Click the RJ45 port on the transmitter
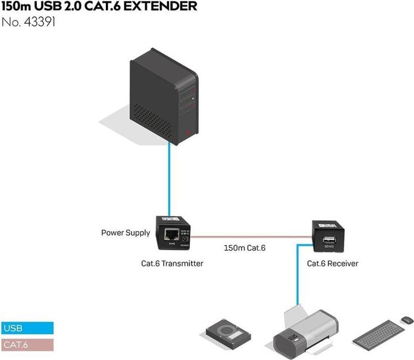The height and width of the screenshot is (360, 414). (171, 234)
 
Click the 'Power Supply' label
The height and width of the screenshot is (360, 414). (125, 233)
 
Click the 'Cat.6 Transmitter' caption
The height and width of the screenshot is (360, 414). (172, 263)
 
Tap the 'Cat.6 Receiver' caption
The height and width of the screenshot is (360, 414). (332, 263)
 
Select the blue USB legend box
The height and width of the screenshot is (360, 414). (27, 329)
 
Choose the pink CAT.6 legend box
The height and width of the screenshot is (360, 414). (27, 345)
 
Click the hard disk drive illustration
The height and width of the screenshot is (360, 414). (229, 332)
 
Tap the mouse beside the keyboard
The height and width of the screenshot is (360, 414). (405, 319)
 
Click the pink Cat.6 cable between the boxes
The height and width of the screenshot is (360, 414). (253, 236)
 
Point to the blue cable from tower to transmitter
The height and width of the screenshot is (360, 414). (169, 178)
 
